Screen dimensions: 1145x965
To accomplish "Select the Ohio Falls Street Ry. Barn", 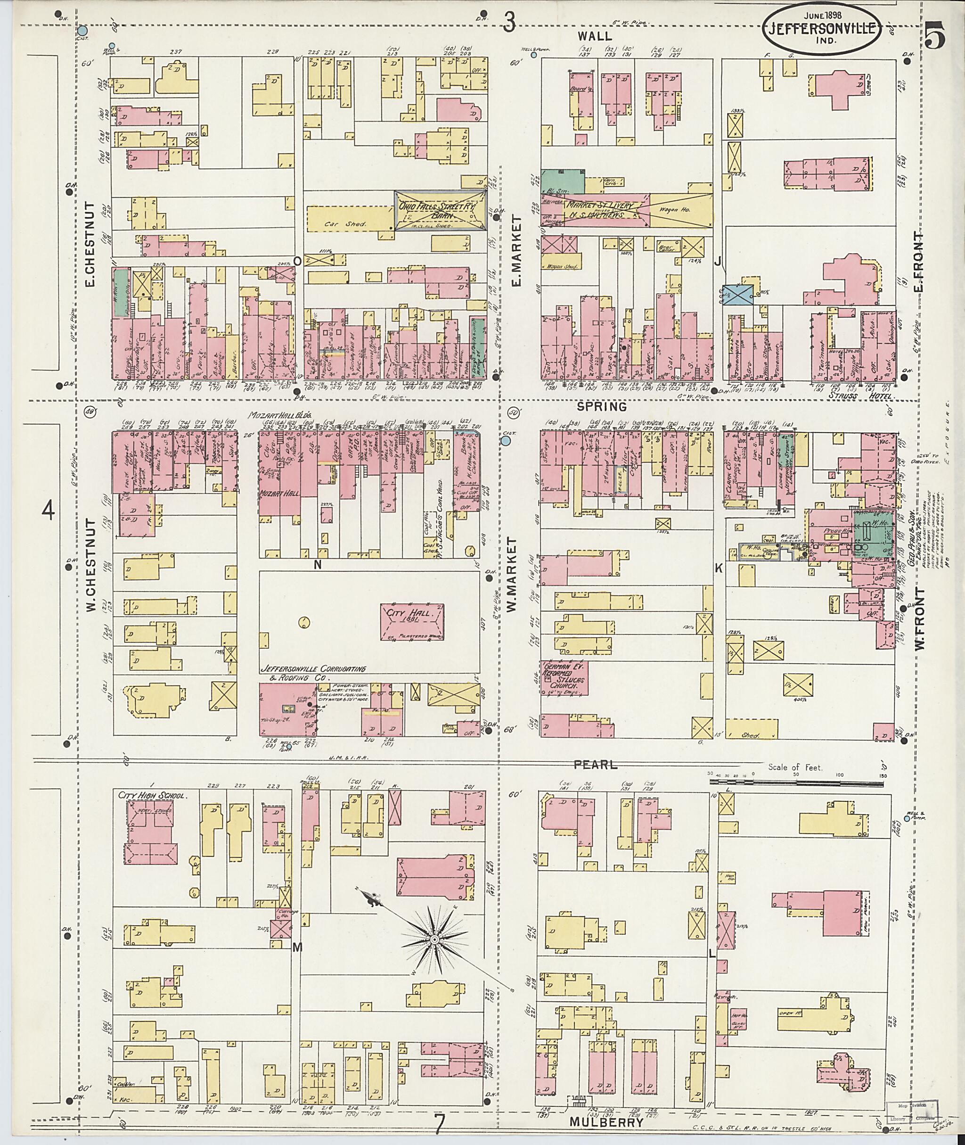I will [x=441, y=210].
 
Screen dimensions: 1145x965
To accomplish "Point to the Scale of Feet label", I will [x=795, y=767].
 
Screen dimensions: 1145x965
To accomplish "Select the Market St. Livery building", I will [x=602, y=210].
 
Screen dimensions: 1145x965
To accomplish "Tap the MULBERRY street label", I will [x=605, y=1121].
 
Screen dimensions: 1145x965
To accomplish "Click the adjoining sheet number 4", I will [x=49, y=512].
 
